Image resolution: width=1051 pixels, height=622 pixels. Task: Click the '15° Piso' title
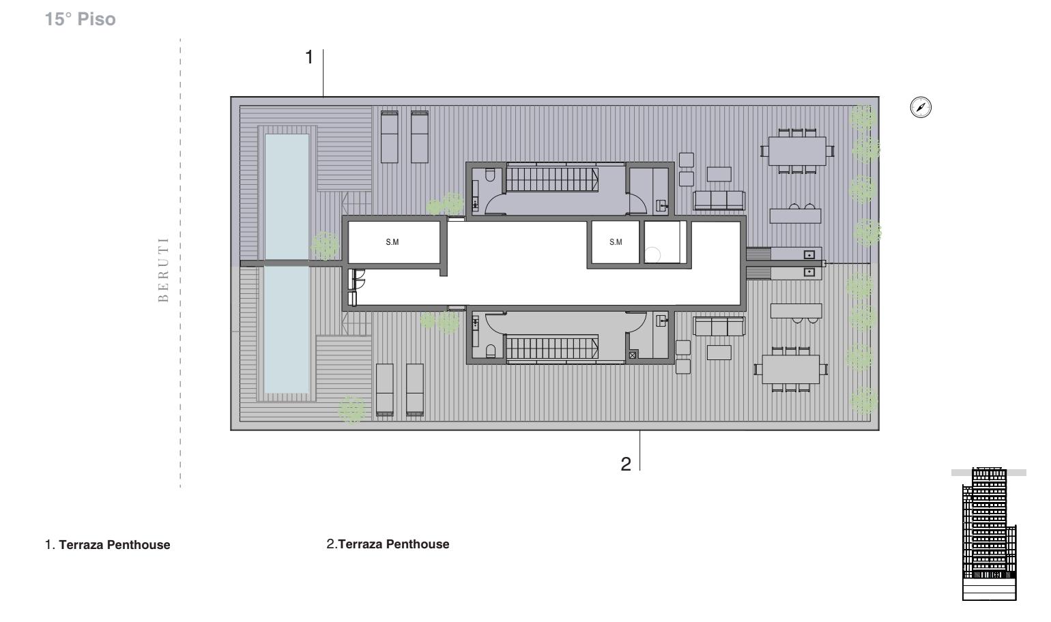[x=81, y=19]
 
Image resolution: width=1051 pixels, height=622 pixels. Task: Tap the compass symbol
[x=921, y=107]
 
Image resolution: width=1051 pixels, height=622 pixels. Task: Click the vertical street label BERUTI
[x=163, y=269]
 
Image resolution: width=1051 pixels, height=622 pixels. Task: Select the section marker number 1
[x=308, y=57]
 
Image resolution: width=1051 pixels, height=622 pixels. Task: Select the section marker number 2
[x=625, y=464]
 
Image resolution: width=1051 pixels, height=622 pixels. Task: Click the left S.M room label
[x=392, y=242]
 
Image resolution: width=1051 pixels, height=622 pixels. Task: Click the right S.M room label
[x=616, y=242]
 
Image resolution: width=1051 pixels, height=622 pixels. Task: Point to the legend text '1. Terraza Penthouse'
[x=107, y=545]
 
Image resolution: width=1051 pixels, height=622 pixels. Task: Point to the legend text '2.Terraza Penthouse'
[x=388, y=544]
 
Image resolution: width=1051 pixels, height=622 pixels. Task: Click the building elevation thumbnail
[x=989, y=533]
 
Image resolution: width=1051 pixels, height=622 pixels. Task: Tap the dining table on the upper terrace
[x=797, y=151]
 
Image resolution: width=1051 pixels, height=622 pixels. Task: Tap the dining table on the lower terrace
[x=791, y=370]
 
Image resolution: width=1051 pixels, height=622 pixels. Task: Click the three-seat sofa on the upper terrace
[x=719, y=200]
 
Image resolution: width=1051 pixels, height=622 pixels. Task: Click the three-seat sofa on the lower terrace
[x=719, y=326]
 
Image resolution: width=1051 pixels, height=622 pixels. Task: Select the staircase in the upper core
[x=551, y=179]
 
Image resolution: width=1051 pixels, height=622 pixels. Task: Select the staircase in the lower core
[x=551, y=347]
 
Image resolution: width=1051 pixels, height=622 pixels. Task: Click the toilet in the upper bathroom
[x=490, y=175]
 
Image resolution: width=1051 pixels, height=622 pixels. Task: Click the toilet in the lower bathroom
[x=490, y=351]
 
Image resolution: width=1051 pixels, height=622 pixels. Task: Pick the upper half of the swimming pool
[x=287, y=196]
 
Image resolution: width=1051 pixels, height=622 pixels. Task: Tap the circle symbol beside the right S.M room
[x=652, y=255]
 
